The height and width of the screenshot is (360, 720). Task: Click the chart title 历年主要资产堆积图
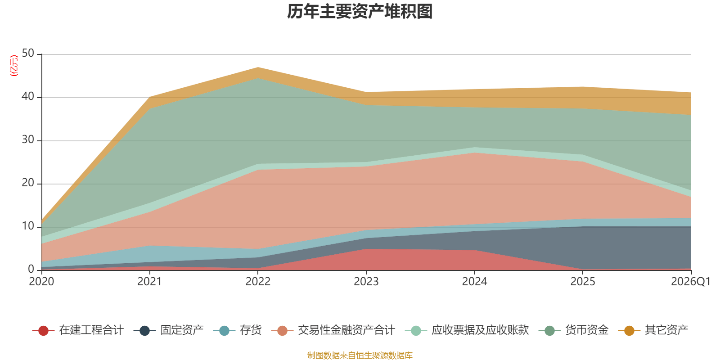pos(360,12)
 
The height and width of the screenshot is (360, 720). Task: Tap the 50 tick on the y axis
pos(28,54)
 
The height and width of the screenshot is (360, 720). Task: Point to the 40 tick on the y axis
pos(28,97)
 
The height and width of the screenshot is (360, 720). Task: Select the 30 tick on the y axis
pos(28,140)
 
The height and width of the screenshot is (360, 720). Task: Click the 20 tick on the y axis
pos(28,183)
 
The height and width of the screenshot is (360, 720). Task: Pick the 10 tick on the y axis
pos(28,226)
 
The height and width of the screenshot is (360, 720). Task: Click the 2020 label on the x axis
pos(41,282)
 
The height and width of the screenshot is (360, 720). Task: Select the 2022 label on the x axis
pos(258,282)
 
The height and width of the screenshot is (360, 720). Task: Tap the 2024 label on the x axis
pos(474,282)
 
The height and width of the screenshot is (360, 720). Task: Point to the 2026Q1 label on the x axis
pos(690,282)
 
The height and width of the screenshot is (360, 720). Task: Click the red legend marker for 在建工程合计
pos(43,331)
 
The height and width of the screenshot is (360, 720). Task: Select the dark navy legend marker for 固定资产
pos(144,331)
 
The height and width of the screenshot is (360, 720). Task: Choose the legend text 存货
pos(251,330)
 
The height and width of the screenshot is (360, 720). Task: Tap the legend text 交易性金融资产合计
pos(346,330)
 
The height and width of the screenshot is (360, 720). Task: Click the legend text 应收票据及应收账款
pos(480,330)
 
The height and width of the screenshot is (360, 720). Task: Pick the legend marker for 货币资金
pos(549,331)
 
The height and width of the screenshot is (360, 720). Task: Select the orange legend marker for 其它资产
pos(629,331)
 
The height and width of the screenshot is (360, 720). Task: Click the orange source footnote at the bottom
pos(360,355)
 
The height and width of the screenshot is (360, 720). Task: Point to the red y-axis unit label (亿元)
pos(14,66)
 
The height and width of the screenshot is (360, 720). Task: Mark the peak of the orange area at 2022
pos(258,68)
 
